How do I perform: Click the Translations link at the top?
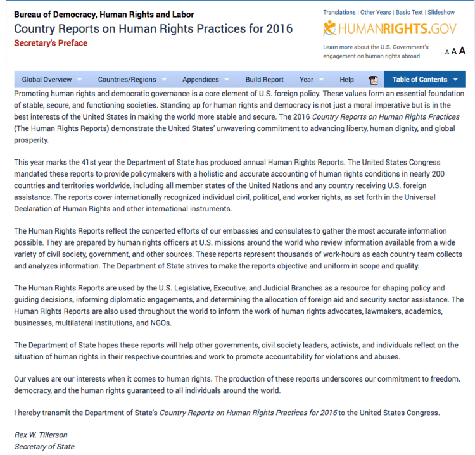click(x=339, y=12)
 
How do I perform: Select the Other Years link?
click(x=376, y=12)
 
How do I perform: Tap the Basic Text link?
click(x=409, y=12)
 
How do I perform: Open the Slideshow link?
click(x=441, y=12)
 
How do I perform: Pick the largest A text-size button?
click(x=462, y=51)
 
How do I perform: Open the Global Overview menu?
click(x=47, y=80)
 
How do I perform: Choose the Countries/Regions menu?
click(x=127, y=80)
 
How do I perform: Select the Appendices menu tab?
click(x=201, y=80)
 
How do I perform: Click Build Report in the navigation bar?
click(x=264, y=80)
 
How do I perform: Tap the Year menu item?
click(x=307, y=80)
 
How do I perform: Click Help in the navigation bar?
click(x=346, y=80)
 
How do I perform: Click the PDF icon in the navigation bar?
click(x=373, y=80)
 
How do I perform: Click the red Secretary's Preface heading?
click(x=51, y=43)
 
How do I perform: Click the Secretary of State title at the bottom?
click(x=44, y=446)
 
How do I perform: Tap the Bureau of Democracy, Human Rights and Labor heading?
click(x=104, y=15)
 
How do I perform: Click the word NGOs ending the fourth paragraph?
click(x=161, y=323)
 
